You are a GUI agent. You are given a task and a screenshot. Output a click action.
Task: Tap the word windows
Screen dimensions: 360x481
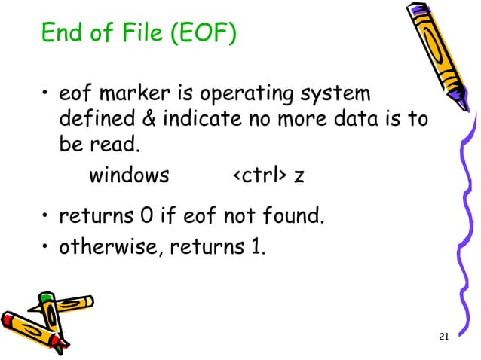129,176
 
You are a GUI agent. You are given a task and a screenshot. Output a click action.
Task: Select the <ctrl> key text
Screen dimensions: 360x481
257,176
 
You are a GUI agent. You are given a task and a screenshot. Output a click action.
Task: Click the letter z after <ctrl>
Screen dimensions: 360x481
299,178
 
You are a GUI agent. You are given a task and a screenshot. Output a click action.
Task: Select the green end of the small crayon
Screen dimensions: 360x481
46,298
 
